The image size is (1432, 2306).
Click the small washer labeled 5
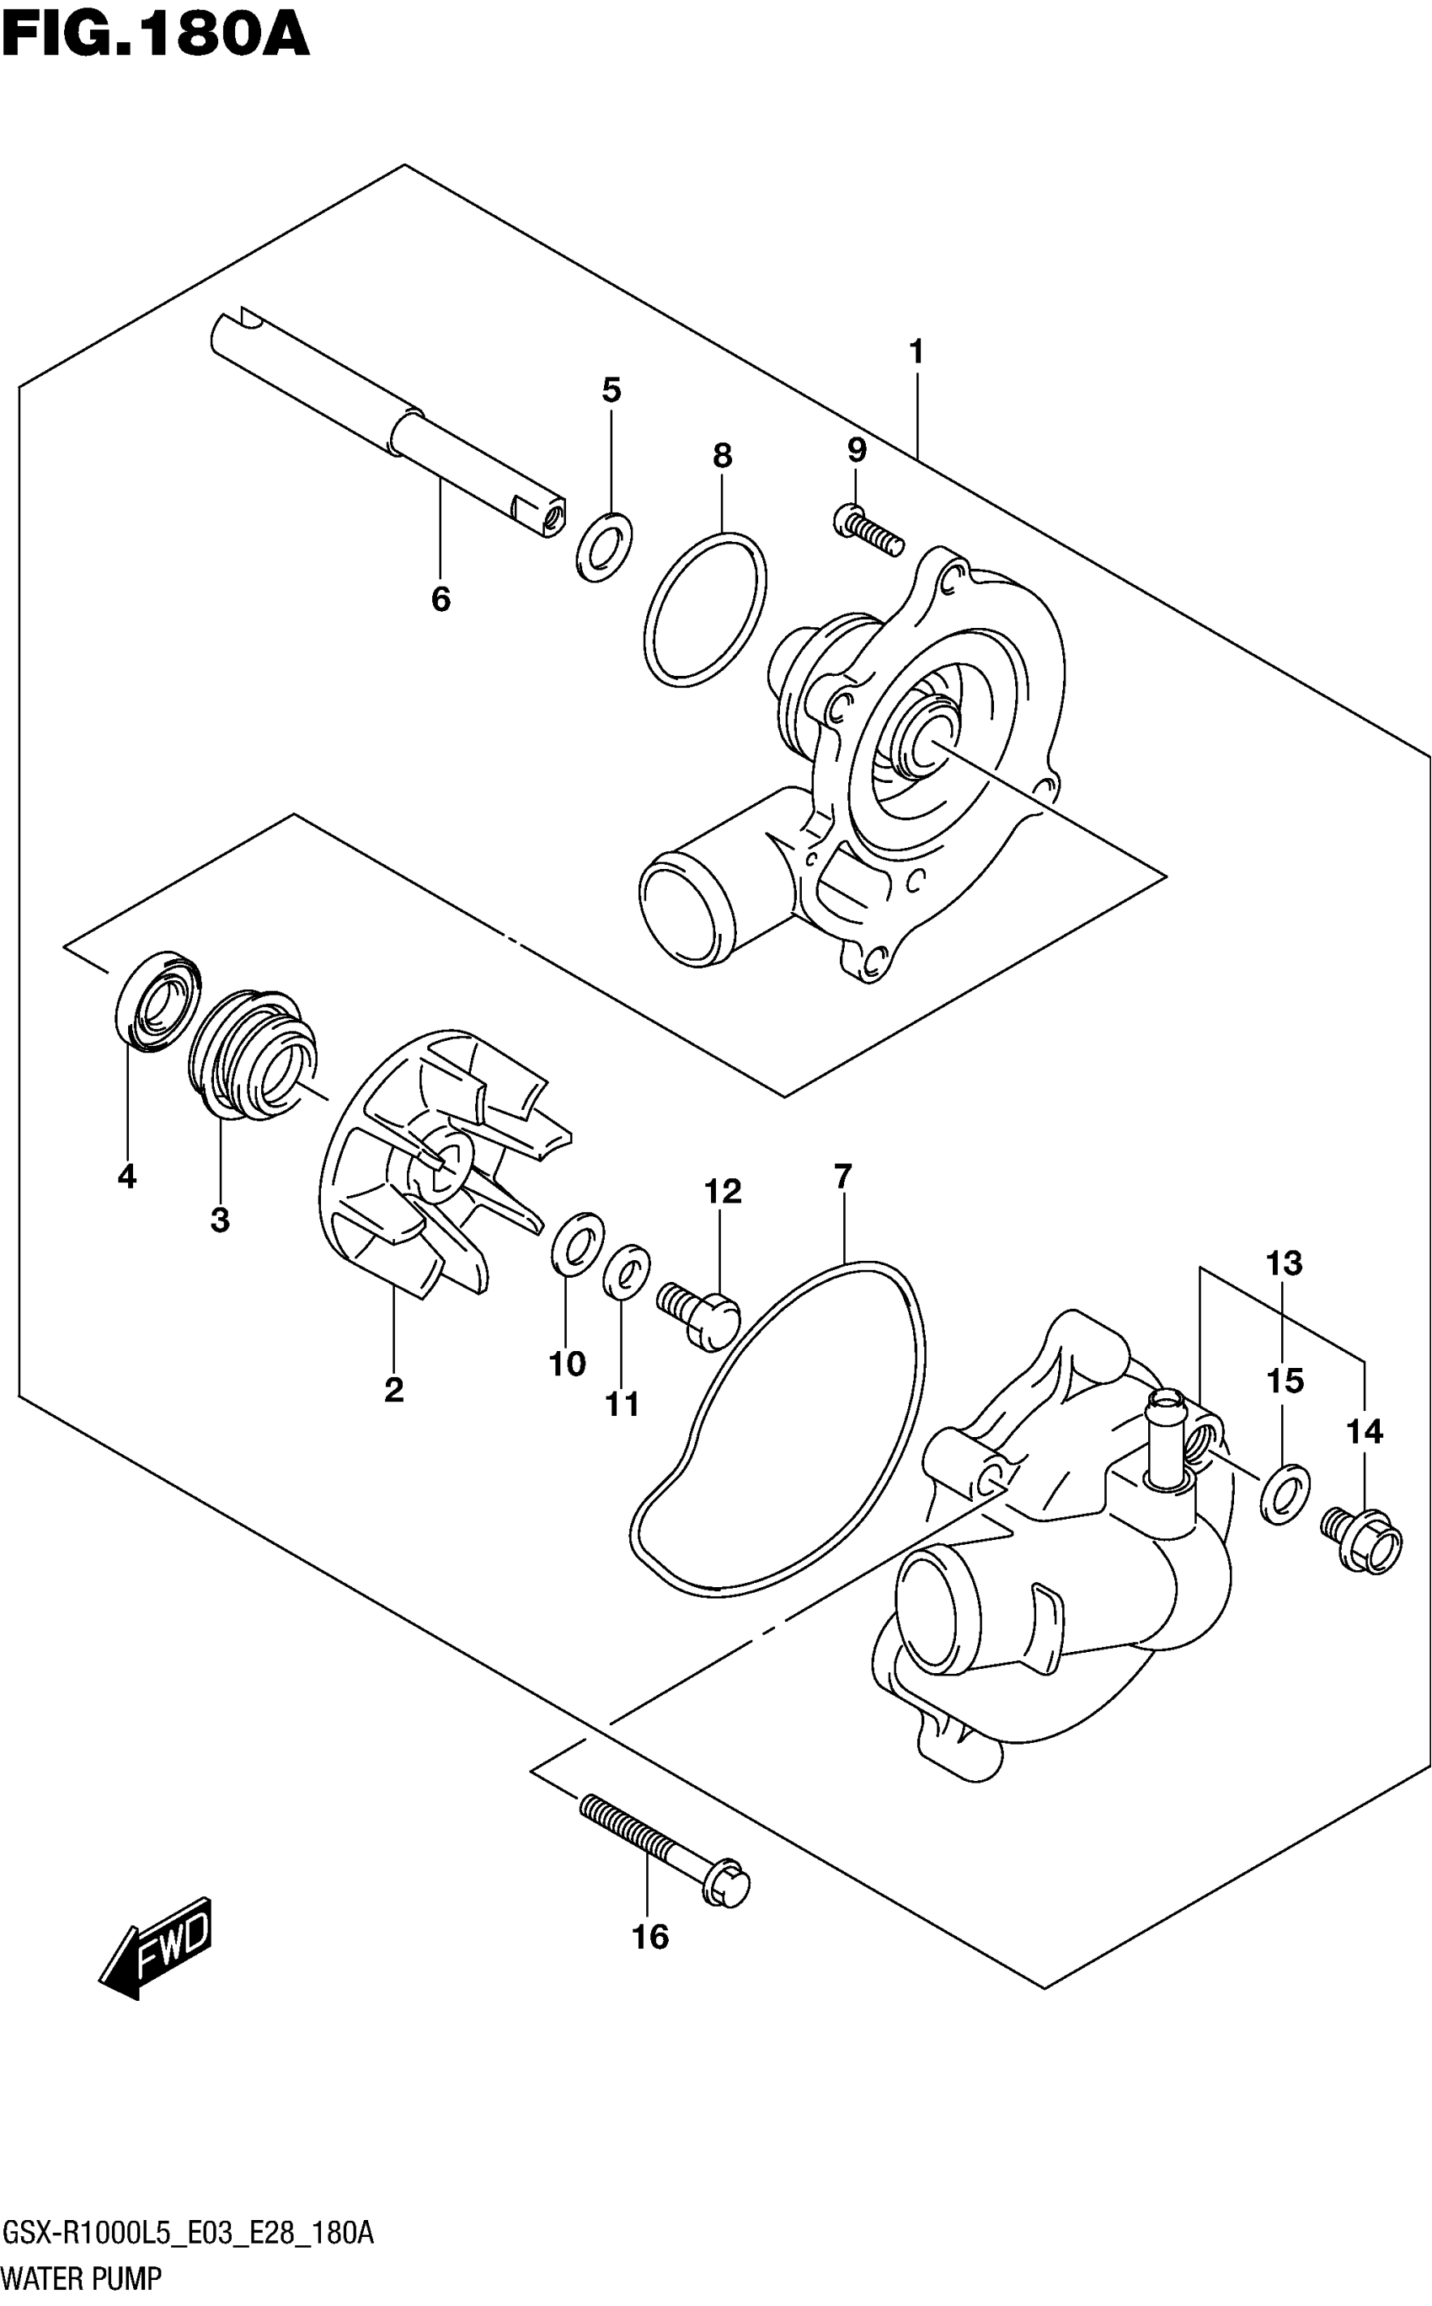click(604, 548)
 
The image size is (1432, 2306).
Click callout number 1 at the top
click(915, 352)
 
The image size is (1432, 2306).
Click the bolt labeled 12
click(699, 1311)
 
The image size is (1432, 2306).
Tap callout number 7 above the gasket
click(843, 1177)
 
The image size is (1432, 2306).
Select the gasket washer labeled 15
click(1285, 1495)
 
